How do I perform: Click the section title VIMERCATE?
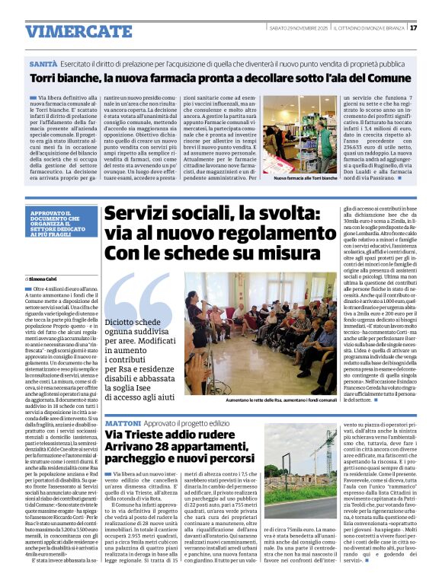point(69,31)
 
